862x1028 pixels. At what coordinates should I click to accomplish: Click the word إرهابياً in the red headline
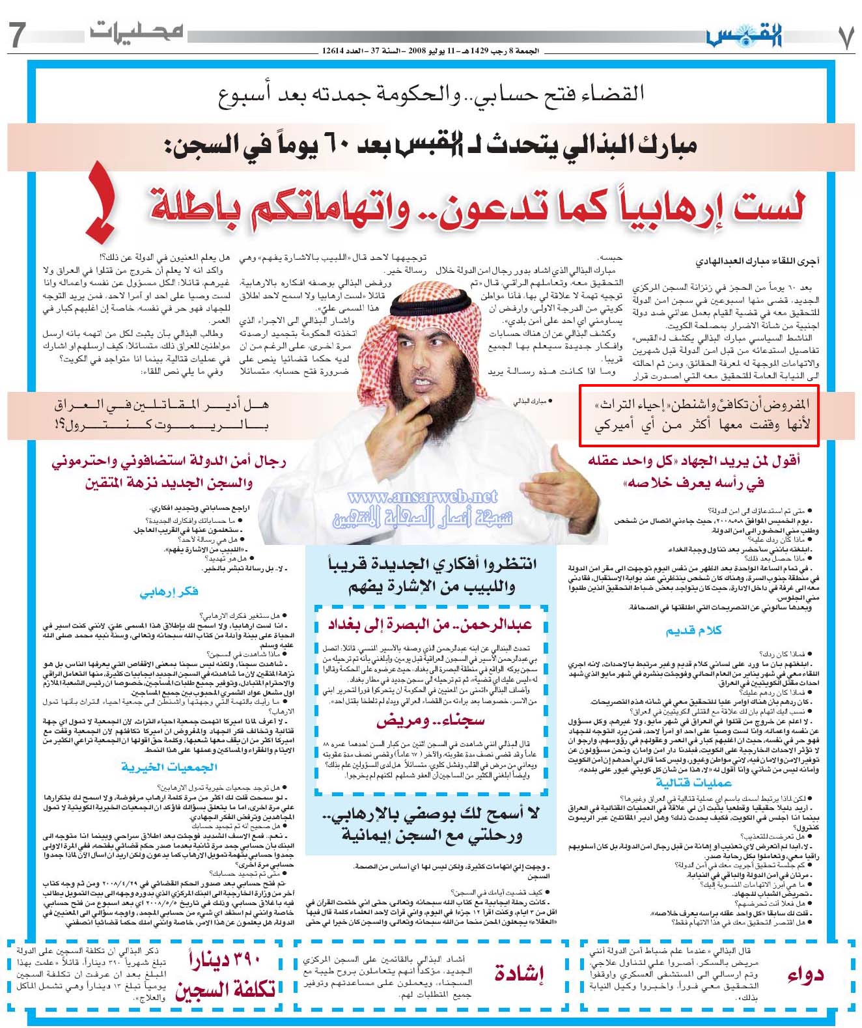point(660,204)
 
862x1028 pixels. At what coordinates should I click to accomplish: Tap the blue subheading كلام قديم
point(693,630)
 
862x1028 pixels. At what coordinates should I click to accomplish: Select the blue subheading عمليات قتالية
point(693,782)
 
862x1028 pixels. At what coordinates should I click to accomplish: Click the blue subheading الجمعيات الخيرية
point(169,767)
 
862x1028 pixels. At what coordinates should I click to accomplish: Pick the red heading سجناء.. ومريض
point(430,721)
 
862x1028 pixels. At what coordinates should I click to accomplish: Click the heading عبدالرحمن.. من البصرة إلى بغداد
point(430,625)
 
